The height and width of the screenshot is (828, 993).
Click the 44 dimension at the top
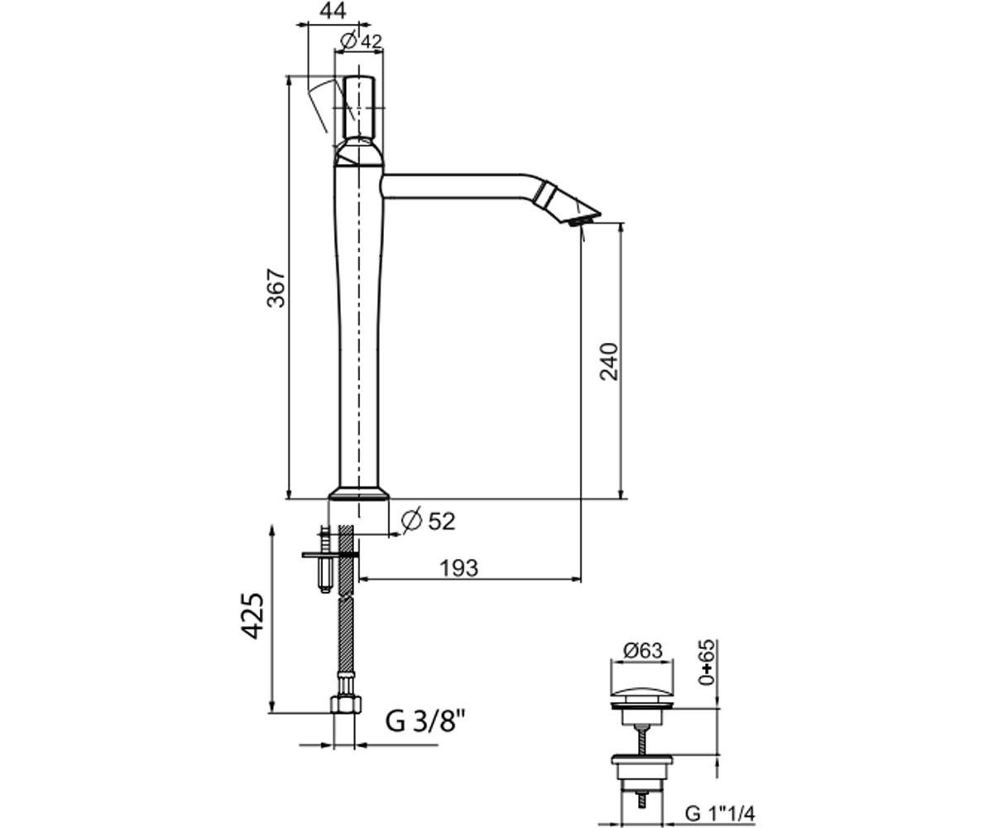333,10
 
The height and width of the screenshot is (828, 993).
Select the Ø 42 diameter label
362,41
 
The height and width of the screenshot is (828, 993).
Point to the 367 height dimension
276,288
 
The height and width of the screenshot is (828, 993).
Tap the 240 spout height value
609,362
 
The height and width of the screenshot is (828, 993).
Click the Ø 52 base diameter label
428,521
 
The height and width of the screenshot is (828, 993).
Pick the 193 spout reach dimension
459,568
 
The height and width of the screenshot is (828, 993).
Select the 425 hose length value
252,616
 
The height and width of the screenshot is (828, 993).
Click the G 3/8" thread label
425,722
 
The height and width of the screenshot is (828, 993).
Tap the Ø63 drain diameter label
642,651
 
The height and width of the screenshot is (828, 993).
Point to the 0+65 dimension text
706,662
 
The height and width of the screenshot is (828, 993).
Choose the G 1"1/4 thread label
720,813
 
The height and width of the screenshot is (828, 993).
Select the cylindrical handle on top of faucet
358,107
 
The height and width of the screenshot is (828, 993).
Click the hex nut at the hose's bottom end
346,704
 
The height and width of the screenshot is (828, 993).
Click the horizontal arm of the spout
457,186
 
